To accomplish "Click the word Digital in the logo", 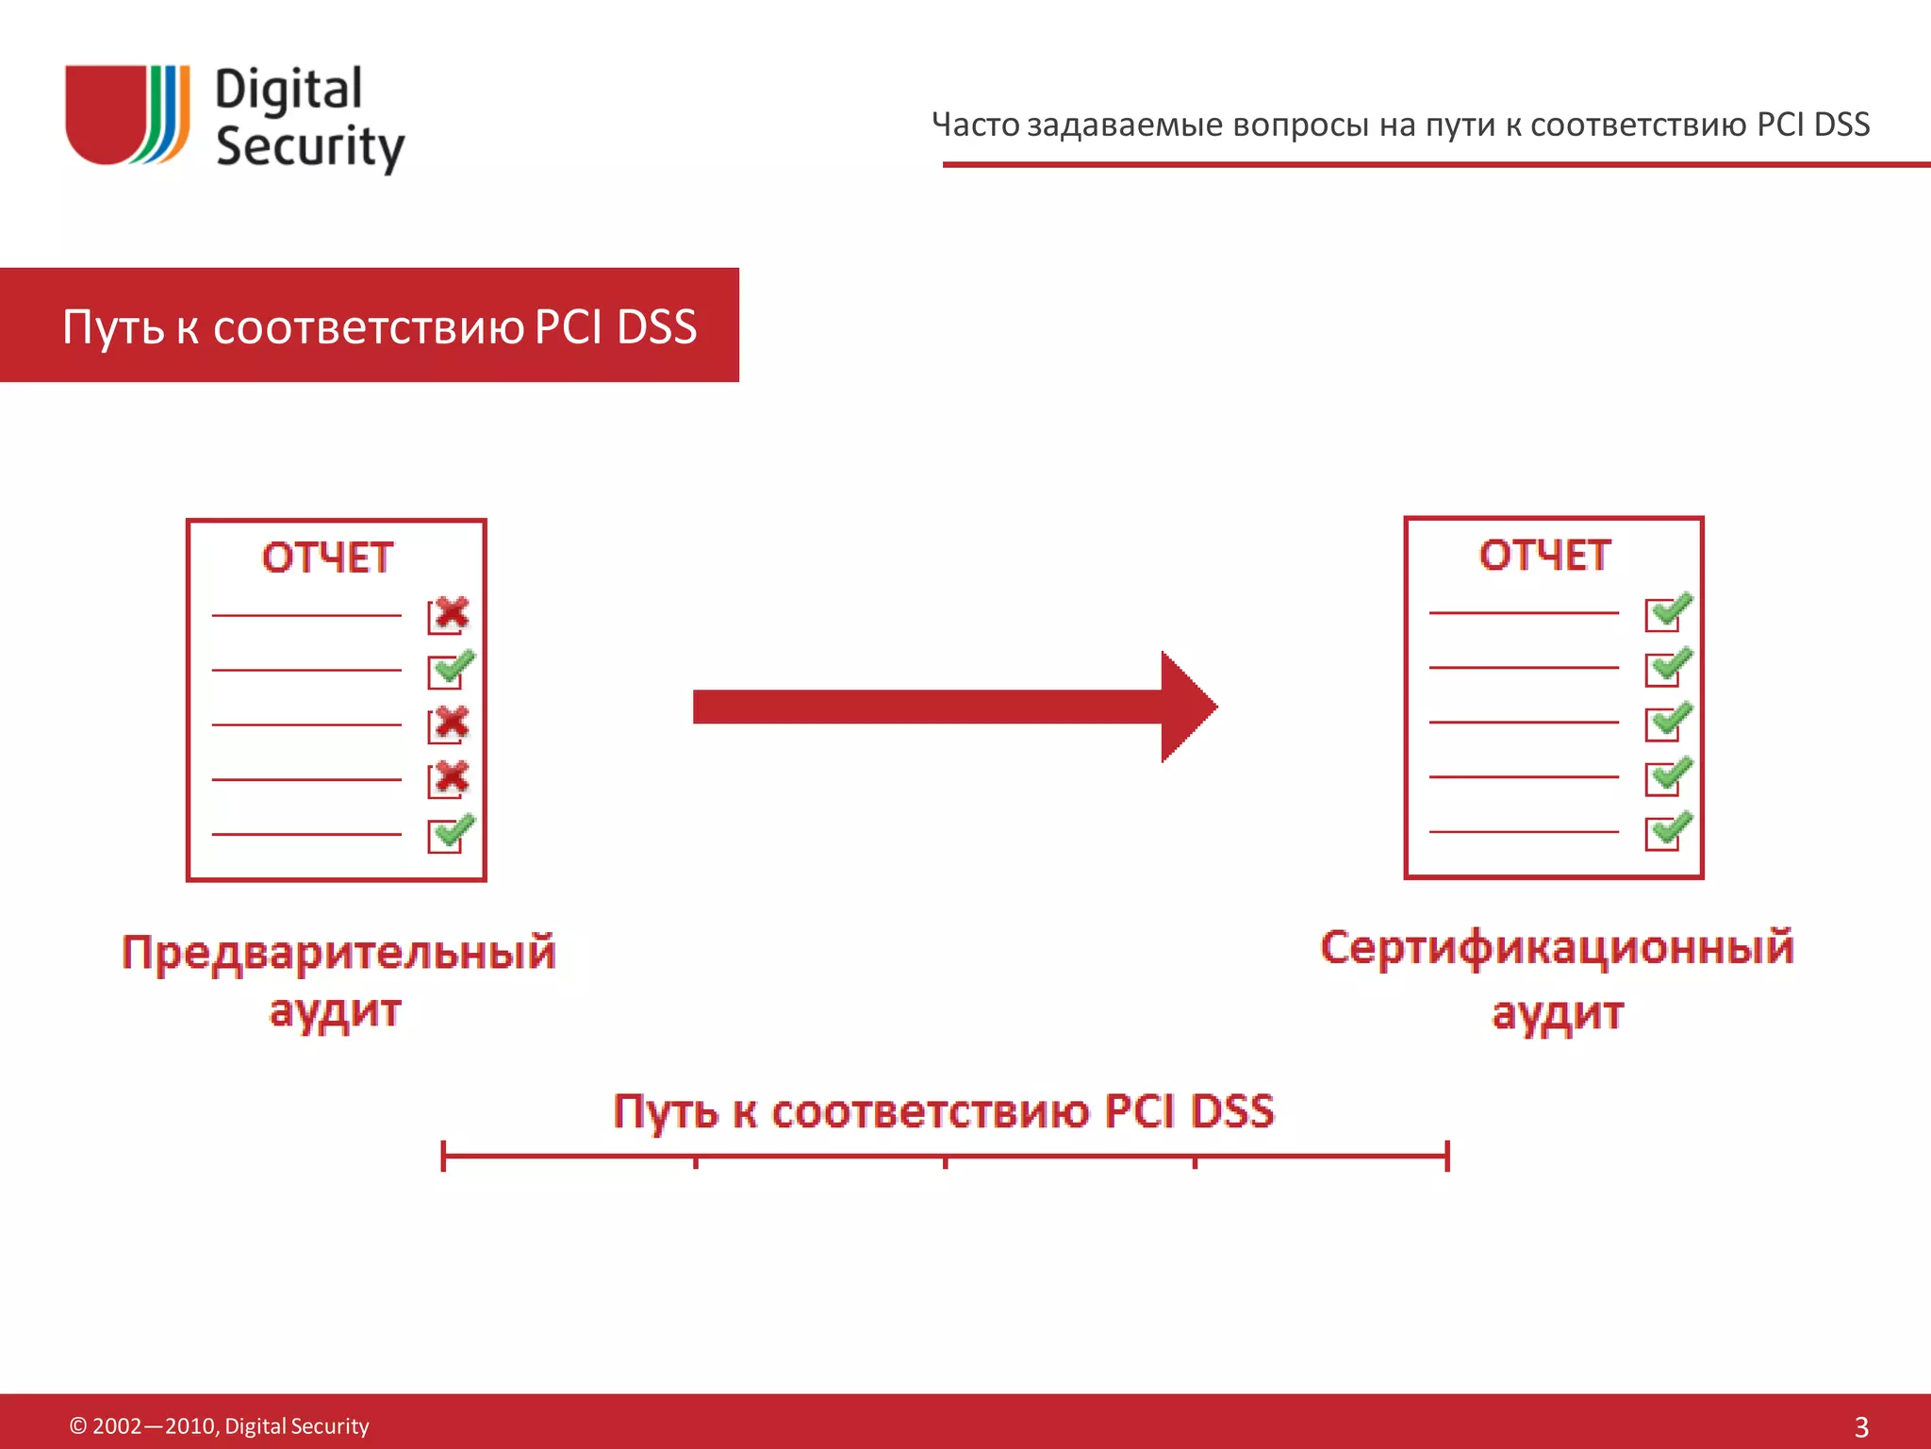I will [x=289, y=91].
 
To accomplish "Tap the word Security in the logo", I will [x=309, y=147].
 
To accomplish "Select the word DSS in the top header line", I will [x=1841, y=125].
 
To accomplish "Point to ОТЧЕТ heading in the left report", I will [x=327, y=558].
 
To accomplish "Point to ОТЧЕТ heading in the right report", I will [x=1544, y=555].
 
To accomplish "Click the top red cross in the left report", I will [x=450, y=614].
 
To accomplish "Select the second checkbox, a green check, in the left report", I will [x=451, y=669].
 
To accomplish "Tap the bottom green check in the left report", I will [x=451, y=833].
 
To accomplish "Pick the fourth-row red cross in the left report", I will [x=450, y=778].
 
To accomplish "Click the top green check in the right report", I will [x=1668, y=611].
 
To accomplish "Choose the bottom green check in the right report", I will [x=1668, y=830].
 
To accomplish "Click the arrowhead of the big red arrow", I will [x=1188, y=707].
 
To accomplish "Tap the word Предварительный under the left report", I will [x=338, y=952].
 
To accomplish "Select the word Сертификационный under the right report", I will [x=1557, y=947].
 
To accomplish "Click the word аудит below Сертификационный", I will [x=1558, y=1013].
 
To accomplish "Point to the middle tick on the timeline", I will [x=945, y=1160].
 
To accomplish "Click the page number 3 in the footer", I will [x=1861, y=1426].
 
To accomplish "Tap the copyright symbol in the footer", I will [x=78, y=1425].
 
